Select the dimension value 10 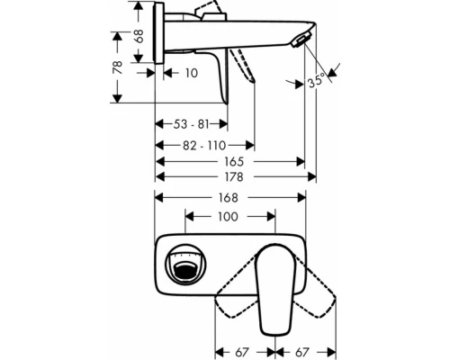[190, 73]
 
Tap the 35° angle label [316, 80]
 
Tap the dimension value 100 [229, 216]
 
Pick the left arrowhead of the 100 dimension [189, 216]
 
